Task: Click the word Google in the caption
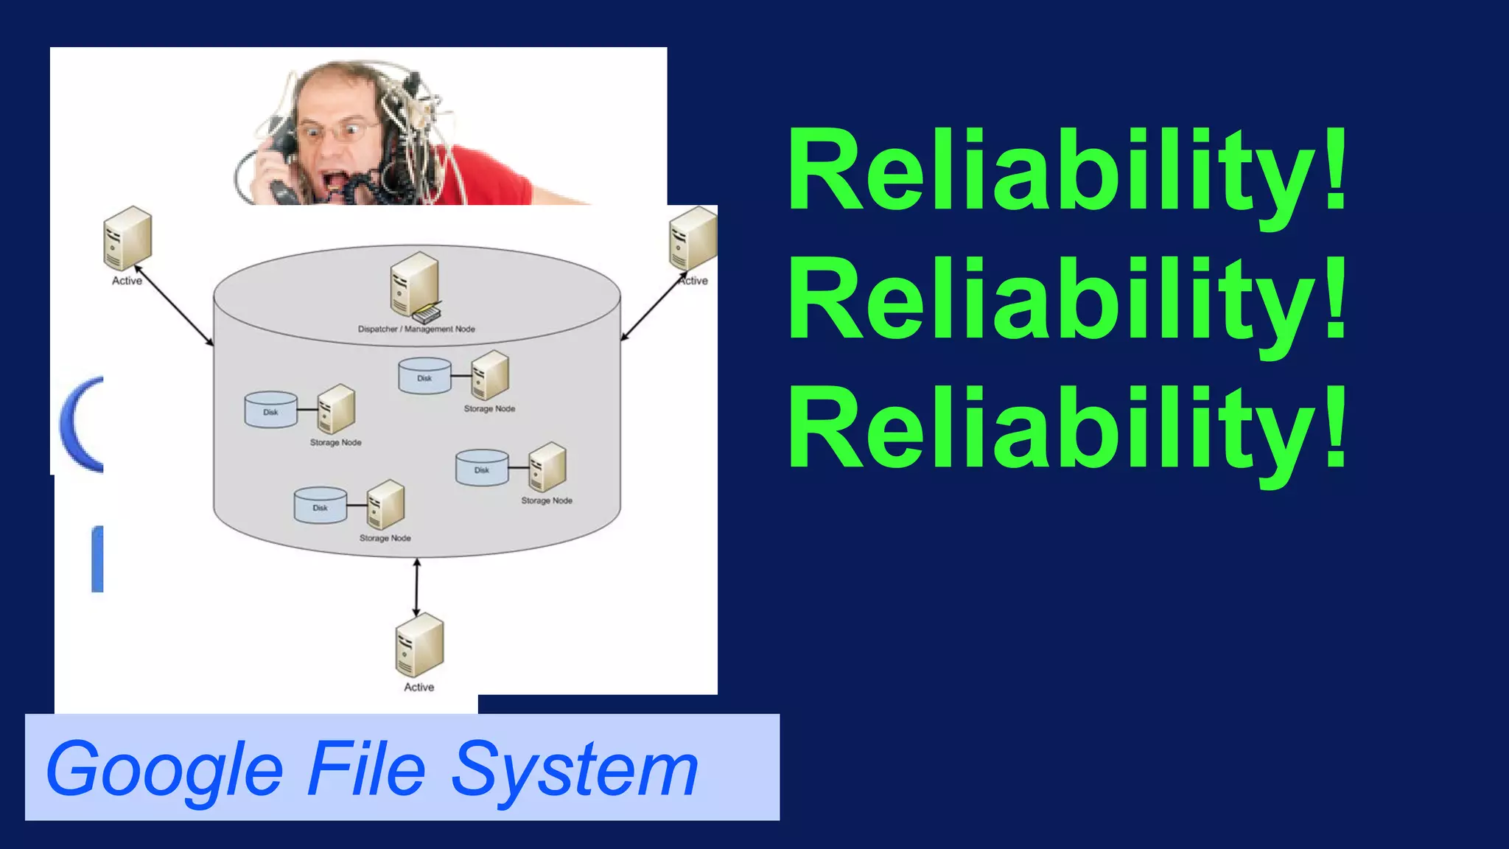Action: (164, 770)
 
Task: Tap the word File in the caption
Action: (366, 769)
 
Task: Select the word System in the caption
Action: (575, 770)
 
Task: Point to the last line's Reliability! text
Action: (1067, 428)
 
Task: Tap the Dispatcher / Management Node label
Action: (416, 329)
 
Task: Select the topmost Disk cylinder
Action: (424, 376)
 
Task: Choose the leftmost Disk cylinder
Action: (270, 409)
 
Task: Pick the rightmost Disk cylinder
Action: (482, 467)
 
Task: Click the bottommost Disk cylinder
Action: (320, 505)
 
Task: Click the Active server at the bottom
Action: (419, 645)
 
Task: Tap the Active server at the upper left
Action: (127, 237)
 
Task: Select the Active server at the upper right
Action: (693, 237)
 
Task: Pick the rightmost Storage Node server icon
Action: (547, 467)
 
